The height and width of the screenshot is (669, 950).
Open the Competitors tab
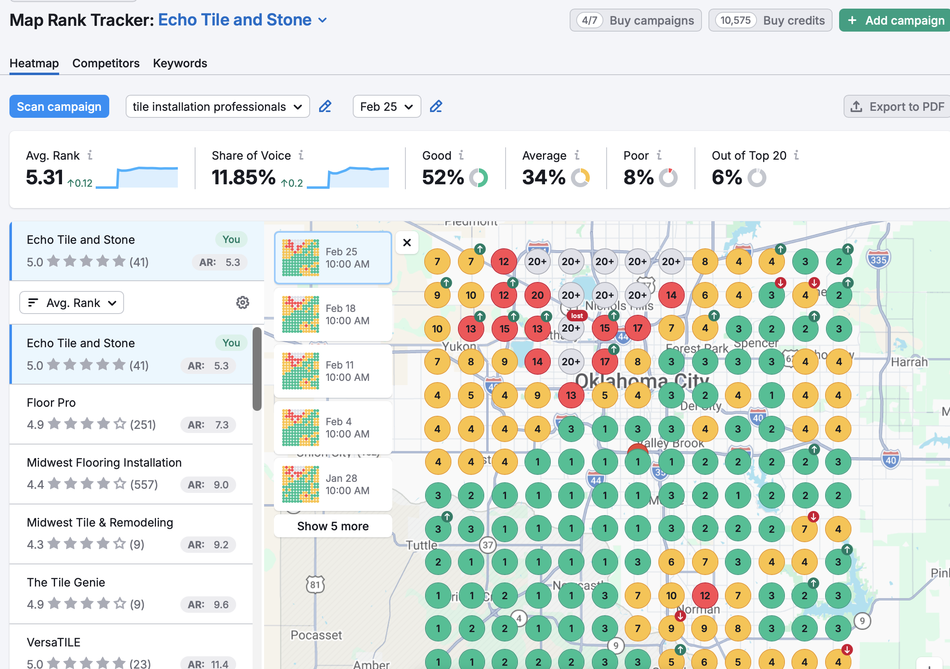[x=106, y=63]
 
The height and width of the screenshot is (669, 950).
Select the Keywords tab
[x=180, y=63]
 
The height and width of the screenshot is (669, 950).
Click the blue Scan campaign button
[x=59, y=107]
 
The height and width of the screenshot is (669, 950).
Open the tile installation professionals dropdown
[x=217, y=107]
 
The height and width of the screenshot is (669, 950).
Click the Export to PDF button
[x=897, y=107]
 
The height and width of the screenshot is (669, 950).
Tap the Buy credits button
[x=770, y=20]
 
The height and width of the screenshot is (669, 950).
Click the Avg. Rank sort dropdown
[x=71, y=302]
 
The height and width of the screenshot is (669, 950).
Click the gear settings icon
[x=242, y=302]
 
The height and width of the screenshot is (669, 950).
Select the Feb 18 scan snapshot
[x=333, y=315]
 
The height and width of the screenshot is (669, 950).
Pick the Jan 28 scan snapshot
[x=333, y=485]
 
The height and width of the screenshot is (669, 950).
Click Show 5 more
[x=333, y=526]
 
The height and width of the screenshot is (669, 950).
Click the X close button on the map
[x=407, y=243]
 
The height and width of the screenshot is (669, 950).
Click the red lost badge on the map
[x=577, y=316]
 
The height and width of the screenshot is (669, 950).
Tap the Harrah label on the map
[x=909, y=362]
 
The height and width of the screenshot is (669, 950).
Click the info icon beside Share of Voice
[x=301, y=155]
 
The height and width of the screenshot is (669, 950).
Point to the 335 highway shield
[x=878, y=260]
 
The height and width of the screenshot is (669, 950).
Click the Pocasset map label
[x=316, y=635]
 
